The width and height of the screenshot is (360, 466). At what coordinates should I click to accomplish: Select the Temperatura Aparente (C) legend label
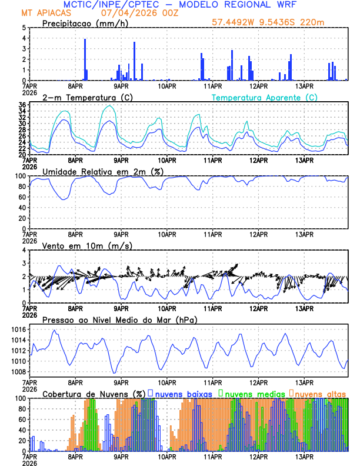[x=264, y=97]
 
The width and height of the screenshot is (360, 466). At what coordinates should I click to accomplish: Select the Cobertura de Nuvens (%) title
[x=94, y=394]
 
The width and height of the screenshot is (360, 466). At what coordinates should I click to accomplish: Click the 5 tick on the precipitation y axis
[x=24, y=28]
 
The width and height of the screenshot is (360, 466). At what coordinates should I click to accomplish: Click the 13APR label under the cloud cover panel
[x=304, y=456]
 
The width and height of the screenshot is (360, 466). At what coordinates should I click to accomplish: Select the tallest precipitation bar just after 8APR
[x=85, y=59]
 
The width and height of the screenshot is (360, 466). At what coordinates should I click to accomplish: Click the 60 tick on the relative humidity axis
[x=22, y=197]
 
